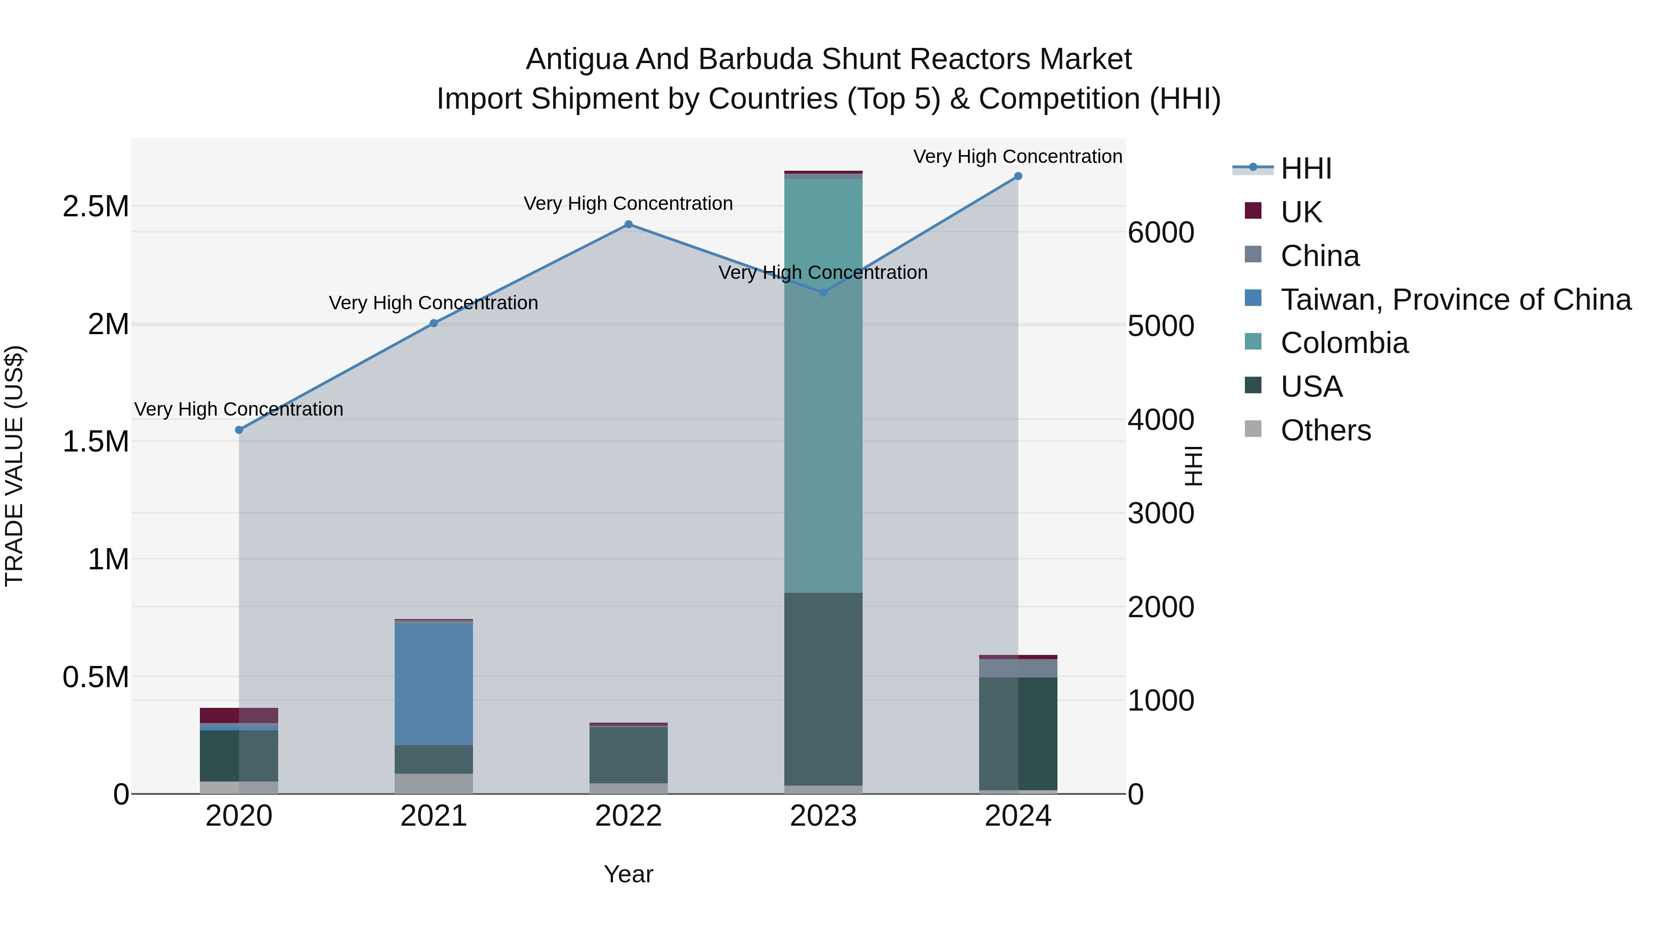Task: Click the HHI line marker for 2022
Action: (x=628, y=225)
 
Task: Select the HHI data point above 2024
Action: (x=1017, y=176)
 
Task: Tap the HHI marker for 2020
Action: (x=239, y=430)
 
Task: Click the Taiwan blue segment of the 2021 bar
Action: (x=433, y=684)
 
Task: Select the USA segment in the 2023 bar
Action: (x=823, y=688)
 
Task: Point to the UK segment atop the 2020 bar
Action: (x=239, y=715)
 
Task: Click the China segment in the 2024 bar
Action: (x=1017, y=668)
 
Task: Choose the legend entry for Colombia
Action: (x=1344, y=343)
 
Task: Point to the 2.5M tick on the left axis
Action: (x=95, y=207)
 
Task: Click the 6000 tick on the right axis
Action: (x=1161, y=232)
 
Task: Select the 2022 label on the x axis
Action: (x=628, y=816)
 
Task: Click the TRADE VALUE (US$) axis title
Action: (x=14, y=466)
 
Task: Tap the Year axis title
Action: (x=628, y=874)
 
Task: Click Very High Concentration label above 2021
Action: (x=433, y=303)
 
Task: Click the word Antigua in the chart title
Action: (x=577, y=59)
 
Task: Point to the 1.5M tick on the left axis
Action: (x=95, y=441)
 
